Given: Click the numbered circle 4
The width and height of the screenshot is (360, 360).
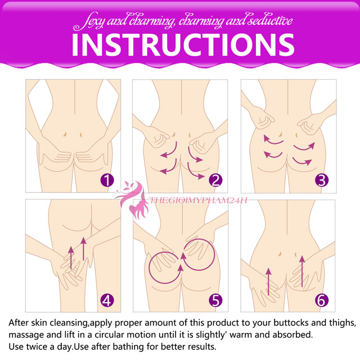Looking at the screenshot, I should pyautogui.click(x=107, y=299).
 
